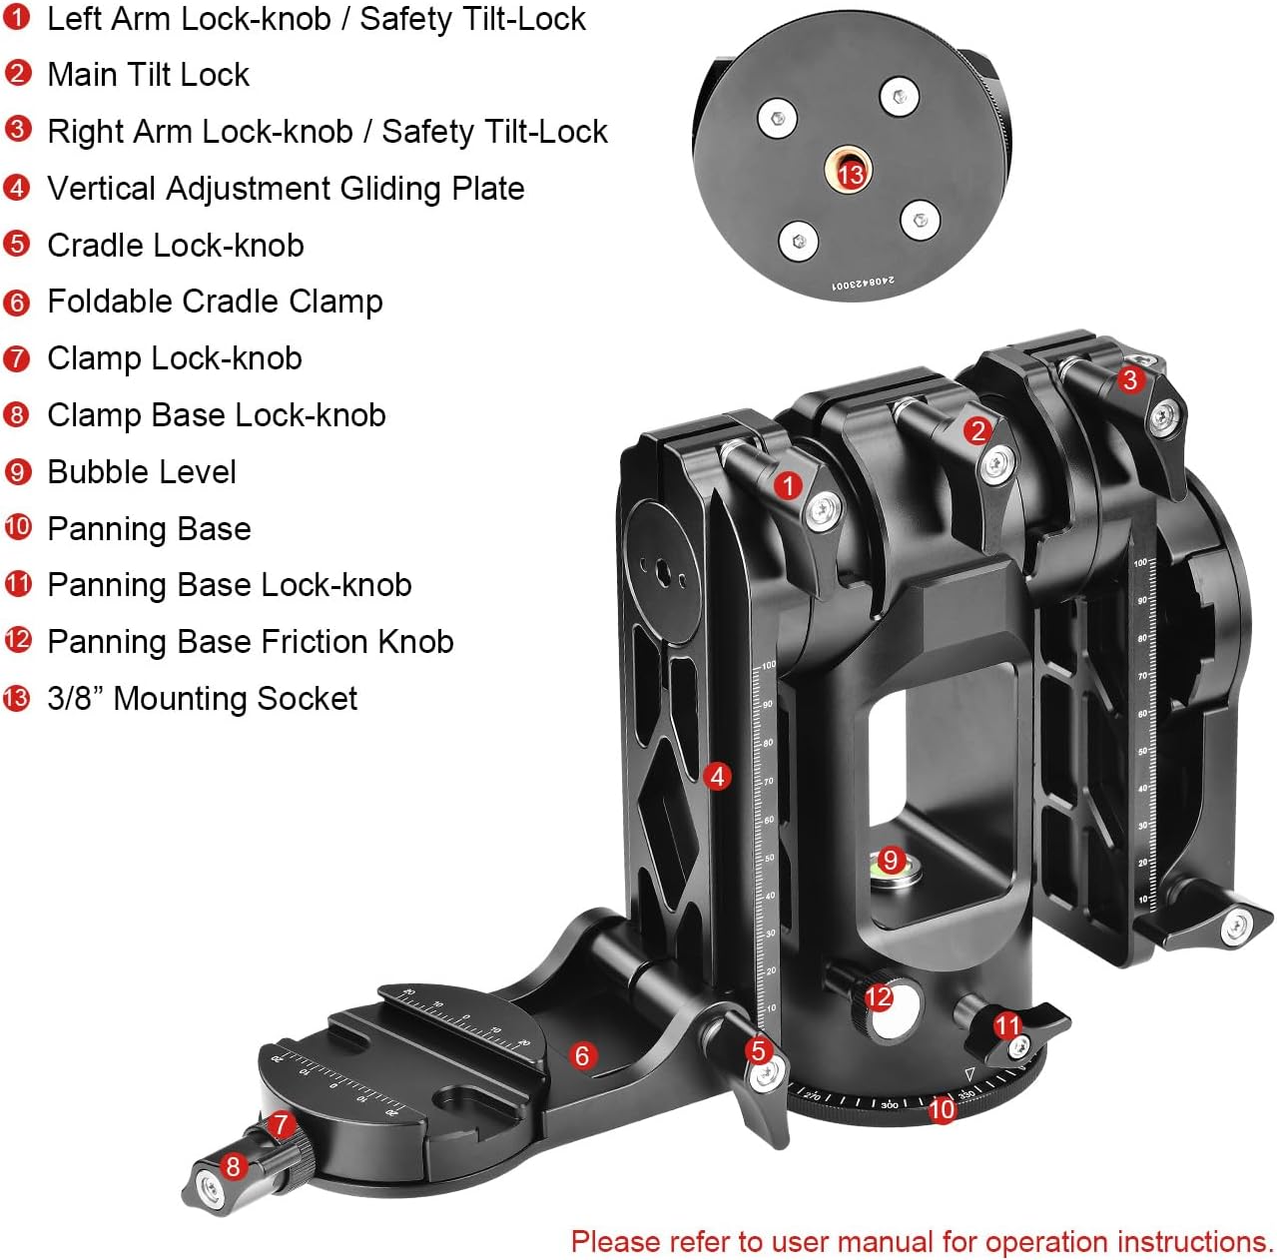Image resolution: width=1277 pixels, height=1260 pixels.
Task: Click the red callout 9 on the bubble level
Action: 891,859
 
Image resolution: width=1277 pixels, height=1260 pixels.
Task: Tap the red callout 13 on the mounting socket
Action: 850,175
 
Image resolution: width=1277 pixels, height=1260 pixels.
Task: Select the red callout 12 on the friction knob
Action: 879,997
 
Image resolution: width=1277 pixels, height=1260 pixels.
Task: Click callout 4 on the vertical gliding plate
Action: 717,776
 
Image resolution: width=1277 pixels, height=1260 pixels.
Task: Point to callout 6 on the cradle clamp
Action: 582,1054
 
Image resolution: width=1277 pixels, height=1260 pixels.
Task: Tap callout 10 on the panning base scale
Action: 942,1109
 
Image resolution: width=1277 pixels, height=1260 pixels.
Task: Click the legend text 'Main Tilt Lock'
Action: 148,75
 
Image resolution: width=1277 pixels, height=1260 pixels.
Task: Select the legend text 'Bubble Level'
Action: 142,472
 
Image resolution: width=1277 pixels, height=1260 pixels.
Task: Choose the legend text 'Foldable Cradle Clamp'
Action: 215,302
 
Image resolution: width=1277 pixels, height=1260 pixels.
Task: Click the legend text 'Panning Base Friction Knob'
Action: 251,642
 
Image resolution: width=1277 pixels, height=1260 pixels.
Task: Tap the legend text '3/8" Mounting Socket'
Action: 202,699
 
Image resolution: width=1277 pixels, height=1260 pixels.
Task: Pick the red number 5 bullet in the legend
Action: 17,245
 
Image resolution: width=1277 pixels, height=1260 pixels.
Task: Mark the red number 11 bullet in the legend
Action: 18,584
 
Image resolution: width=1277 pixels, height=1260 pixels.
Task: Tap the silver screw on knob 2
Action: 997,463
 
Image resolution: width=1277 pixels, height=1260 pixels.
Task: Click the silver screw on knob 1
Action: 822,511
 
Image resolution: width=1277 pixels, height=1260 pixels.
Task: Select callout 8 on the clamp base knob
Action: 234,1165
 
